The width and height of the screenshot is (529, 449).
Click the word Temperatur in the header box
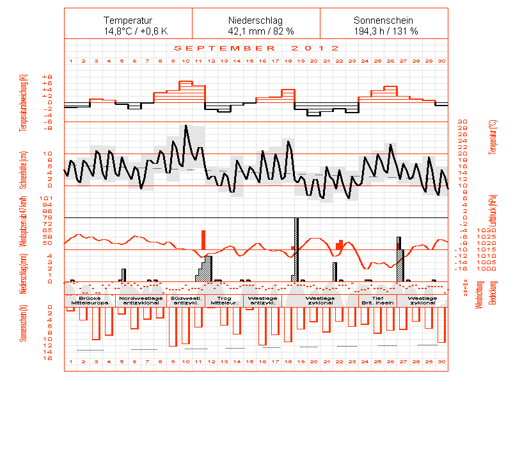point(128,20)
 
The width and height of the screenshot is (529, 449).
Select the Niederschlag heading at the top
point(256,20)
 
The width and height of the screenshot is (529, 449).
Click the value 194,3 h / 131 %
point(384,31)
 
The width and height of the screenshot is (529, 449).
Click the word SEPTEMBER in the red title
point(225,48)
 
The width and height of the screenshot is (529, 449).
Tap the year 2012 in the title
point(315,48)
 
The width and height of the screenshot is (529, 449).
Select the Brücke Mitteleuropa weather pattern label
point(90,301)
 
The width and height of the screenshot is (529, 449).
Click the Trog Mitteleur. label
point(224,301)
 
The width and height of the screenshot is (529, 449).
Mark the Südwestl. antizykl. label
point(186,301)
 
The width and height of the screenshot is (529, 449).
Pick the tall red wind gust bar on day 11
point(203,240)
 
